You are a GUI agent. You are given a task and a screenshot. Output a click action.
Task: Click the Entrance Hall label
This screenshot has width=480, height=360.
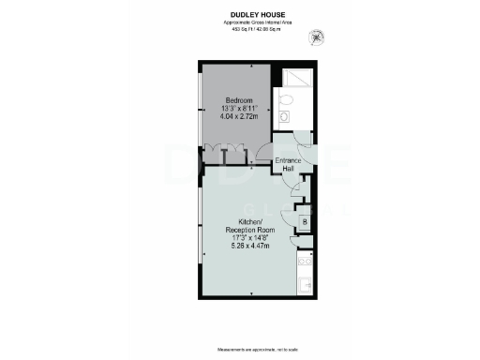[x=288, y=165]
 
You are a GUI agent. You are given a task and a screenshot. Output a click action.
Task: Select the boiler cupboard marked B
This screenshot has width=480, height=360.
[x=304, y=222]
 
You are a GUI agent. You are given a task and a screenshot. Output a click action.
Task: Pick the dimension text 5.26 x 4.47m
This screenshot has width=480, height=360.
[x=249, y=247]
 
